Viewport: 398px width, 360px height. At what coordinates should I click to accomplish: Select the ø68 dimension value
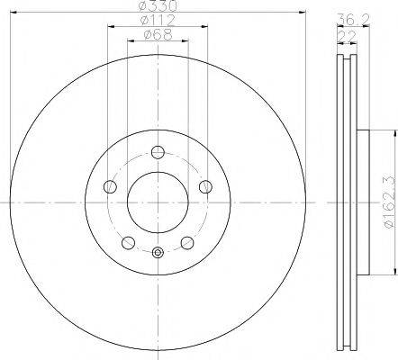click(158, 37)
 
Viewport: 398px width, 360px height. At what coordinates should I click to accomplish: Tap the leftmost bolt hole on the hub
click(110, 186)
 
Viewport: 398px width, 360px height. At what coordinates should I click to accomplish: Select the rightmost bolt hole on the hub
click(206, 186)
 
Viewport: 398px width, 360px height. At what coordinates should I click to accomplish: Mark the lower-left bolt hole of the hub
click(129, 242)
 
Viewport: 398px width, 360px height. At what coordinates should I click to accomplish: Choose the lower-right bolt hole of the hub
click(188, 242)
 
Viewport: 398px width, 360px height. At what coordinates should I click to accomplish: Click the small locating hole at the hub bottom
click(158, 252)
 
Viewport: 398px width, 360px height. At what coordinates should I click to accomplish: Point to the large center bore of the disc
click(158, 202)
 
